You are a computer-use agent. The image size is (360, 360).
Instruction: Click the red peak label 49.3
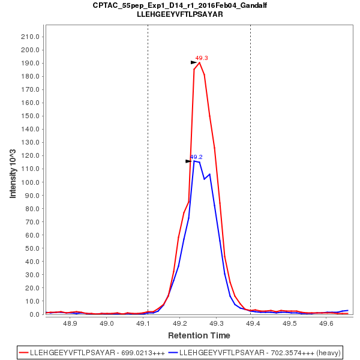click(202, 58)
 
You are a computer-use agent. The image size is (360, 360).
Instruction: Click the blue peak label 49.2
click(196, 157)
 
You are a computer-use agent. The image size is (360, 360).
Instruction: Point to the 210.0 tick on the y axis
click(30, 37)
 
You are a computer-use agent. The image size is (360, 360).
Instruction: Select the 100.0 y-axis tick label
click(30, 182)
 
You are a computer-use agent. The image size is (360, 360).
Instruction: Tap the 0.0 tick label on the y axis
click(34, 314)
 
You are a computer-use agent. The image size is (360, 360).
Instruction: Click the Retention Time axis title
click(199, 335)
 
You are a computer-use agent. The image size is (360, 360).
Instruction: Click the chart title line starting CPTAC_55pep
click(180, 5)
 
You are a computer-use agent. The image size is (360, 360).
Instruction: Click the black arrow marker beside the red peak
click(194, 62)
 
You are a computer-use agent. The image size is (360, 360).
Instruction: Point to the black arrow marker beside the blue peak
click(188, 161)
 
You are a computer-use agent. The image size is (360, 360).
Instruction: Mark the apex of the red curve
click(199, 62)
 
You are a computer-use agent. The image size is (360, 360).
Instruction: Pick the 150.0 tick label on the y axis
click(30, 116)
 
